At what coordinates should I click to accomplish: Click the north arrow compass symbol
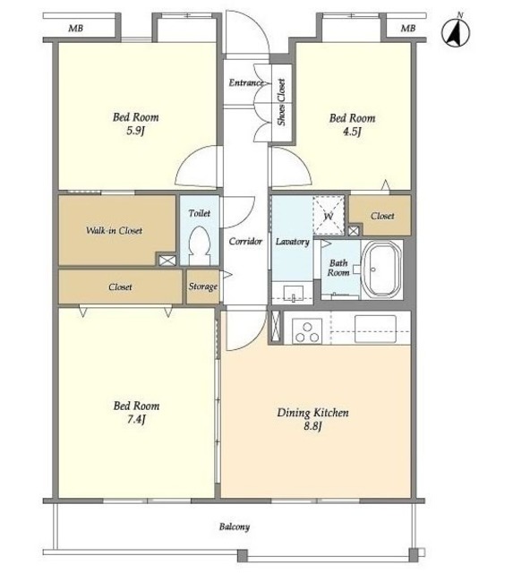(x=456, y=31)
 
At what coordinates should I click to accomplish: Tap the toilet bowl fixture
(x=199, y=245)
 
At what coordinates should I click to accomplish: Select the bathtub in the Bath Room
(x=381, y=269)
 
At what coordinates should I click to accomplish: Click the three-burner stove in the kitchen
(x=307, y=330)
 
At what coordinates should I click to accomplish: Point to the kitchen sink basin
(x=376, y=329)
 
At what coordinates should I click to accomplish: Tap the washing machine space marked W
(x=329, y=216)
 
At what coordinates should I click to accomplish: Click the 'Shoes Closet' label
(x=281, y=102)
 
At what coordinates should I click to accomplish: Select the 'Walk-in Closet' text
(x=114, y=230)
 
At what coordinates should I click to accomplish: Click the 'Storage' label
(x=203, y=286)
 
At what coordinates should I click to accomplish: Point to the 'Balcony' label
(x=235, y=526)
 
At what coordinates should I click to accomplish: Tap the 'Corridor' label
(x=245, y=241)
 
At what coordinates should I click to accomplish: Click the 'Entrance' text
(x=246, y=82)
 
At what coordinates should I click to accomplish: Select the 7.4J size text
(x=136, y=419)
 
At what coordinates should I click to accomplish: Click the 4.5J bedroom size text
(x=352, y=132)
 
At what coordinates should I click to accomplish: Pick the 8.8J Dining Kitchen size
(x=312, y=426)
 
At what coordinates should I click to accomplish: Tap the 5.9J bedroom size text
(x=135, y=131)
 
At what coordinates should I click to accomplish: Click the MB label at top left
(x=75, y=28)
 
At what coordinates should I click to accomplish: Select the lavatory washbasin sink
(x=294, y=293)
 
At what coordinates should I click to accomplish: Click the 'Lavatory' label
(x=292, y=242)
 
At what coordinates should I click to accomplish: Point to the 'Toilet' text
(x=200, y=213)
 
